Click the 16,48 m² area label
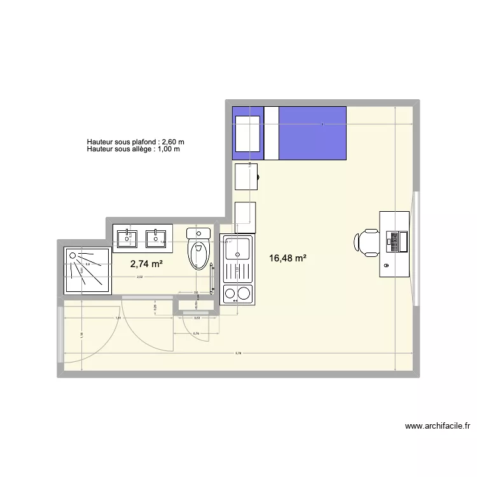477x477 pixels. [x=288, y=258]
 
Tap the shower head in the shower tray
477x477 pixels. [x=74, y=256]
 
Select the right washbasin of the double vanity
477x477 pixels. [x=156, y=238]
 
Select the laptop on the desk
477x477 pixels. [x=397, y=241]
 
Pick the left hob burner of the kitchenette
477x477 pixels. [x=229, y=293]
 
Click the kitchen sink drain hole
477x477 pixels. [x=238, y=254]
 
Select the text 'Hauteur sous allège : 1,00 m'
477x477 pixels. [x=134, y=149]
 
